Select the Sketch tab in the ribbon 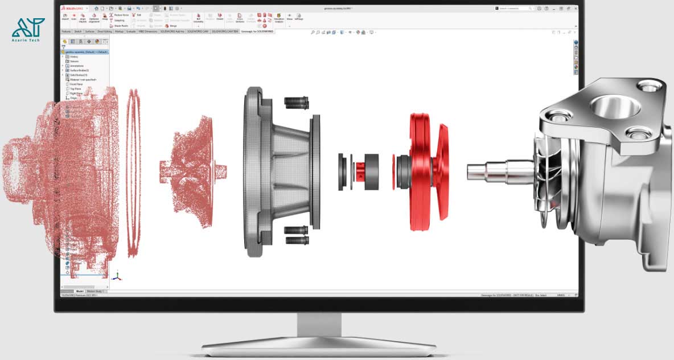point(78,31)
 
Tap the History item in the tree point(74,57)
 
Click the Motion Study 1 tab point(95,291)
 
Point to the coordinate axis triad point(117,276)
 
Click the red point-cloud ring point(133,171)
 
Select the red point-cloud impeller point(188,171)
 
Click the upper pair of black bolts point(296,103)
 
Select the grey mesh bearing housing point(279,171)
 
